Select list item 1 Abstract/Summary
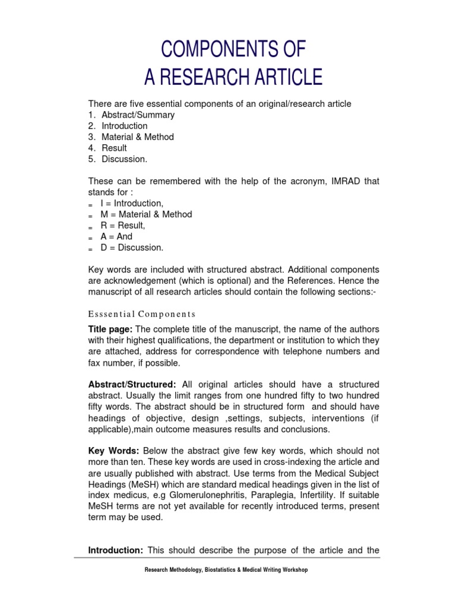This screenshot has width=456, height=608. pos(138,115)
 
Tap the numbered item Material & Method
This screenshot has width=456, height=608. pos(138,137)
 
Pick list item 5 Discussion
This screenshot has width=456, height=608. pos(124,159)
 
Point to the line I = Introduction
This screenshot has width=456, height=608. pos(132,203)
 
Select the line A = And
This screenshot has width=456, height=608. pos(116,236)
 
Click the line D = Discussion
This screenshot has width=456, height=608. pos(132,248)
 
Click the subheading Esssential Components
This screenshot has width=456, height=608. pos(142,313)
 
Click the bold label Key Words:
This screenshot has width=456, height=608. pos(113,451)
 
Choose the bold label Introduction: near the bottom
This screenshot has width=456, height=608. pos(115,550)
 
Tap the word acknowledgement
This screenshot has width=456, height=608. pos(134,280)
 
